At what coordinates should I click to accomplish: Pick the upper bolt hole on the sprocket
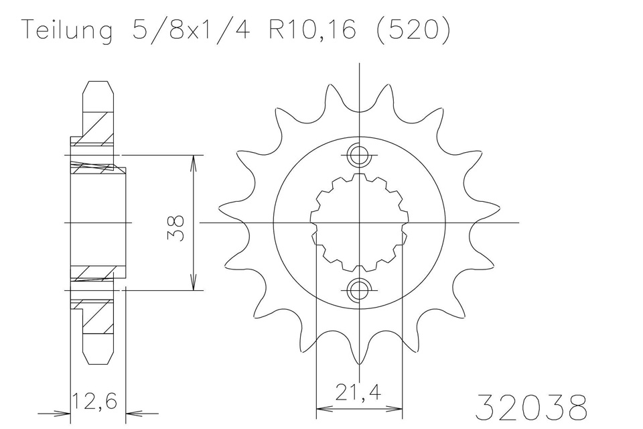pyautogui.click(x=360, y=156)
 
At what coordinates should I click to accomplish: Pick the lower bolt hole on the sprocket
pyautogui.click(x=360, y=289)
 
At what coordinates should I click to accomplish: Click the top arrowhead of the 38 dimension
pyautogui.click(x=194, y=161)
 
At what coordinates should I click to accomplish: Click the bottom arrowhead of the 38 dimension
pyautogui.click(x=194, y=284)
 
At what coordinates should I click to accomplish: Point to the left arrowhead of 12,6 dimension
pyautogui.click(x=65, y=414)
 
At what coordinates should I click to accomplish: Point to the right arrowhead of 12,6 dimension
pyautogui.click(x=132, y=414)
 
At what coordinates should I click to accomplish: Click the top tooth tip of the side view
pyautogui.click(x=97, y=83)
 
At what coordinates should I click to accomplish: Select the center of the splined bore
pyautogui.click(x=360, y=223)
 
